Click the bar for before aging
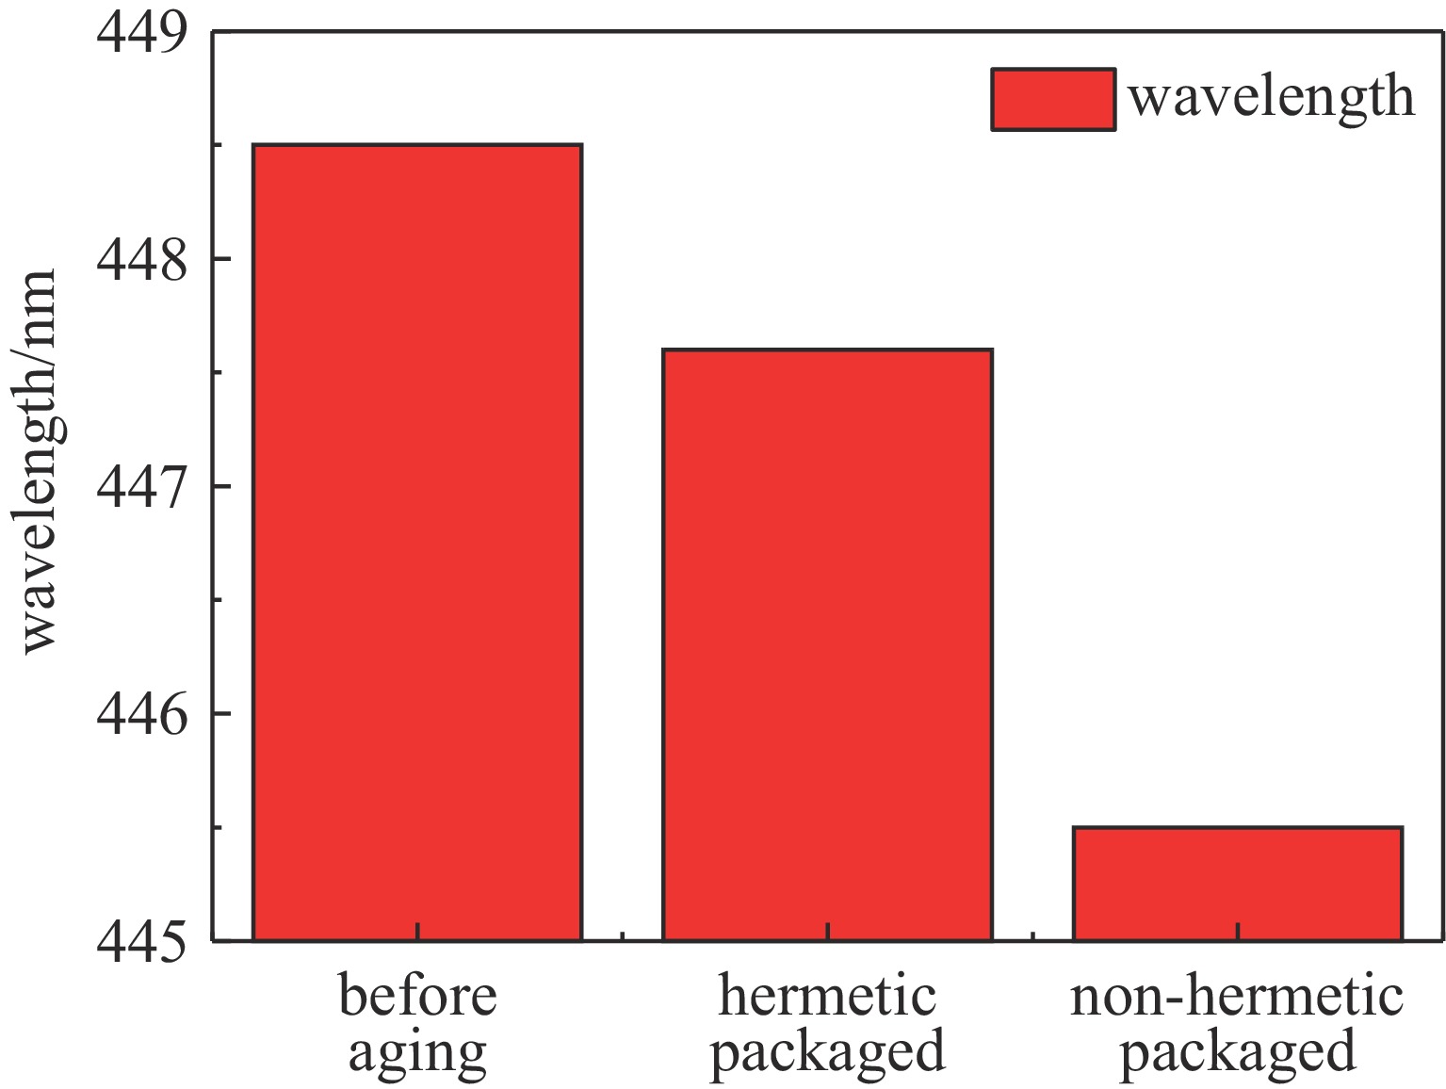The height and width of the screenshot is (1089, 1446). [x=417, y=542]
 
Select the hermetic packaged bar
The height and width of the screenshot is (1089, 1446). [x=827, y=644]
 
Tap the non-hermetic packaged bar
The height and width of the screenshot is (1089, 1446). [x=1237, y=884]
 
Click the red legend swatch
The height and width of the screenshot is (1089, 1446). [x=1053, y=99]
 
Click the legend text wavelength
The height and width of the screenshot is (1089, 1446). [x=1272, y=97]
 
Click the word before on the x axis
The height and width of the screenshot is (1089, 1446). [x=417, y=997]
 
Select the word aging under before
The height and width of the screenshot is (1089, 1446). [x=417, y=1052]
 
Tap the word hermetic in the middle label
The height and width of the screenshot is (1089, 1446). [x=827, y=997]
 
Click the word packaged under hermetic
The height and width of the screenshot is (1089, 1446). [x=827, y=1052]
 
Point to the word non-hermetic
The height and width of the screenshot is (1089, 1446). [x=1237, y=997]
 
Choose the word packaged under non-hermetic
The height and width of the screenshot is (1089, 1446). [x=1237, y=1052]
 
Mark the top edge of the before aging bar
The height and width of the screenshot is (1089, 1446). [x=417, y=146]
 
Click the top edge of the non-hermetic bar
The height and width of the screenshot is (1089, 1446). [x=1237, y=828]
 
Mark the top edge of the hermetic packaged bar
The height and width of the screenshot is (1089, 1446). [x=827, y=350]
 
